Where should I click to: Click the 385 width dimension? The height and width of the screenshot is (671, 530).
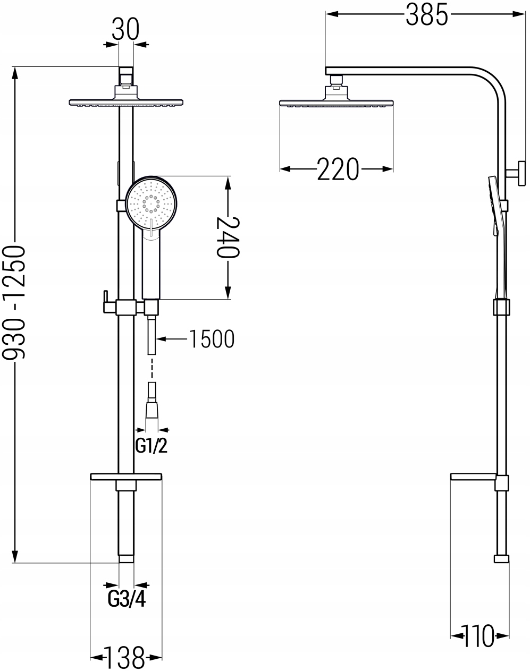[x=426, y=16]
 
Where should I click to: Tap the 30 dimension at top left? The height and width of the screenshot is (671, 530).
[x=125, y=30]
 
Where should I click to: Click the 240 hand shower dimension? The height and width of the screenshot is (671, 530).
[x=228, y=237]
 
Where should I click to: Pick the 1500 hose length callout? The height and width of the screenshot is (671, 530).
[x=212, y=339]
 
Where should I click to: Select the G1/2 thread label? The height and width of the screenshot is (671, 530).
[x=152, y=445]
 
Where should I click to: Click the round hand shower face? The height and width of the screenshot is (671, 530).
[x=153, y=203]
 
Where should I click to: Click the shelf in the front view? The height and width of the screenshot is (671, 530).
[x=125, y=477]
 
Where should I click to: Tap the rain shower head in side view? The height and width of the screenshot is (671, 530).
[x=336, y=102]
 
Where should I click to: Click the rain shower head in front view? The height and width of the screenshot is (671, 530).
[x=127, y=101]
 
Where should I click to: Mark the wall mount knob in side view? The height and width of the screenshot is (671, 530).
[x=519, y=174]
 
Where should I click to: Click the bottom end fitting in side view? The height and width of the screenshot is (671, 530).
[x=501, y=559]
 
